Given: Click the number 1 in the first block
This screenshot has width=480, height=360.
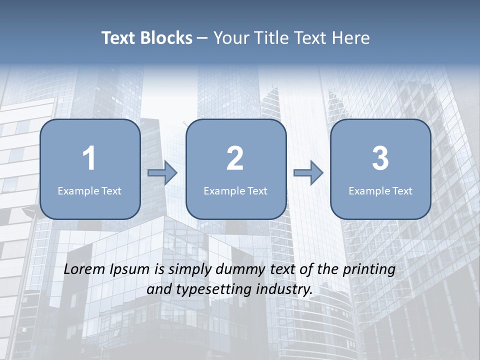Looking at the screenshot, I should click(89, 159).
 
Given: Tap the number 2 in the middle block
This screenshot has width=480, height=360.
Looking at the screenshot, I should click(235, 159).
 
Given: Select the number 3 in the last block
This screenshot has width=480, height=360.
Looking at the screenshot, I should click(380, 159).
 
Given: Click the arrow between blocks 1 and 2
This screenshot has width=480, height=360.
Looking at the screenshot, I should click(162, 173).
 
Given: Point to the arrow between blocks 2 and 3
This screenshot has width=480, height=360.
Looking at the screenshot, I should click(308, 173).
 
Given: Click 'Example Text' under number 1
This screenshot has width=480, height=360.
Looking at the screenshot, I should click(89, 191).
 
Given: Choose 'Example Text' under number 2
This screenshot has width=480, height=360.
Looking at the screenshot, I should click(235, 191).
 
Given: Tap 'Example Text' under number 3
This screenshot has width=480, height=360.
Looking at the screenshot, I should click(380, 191).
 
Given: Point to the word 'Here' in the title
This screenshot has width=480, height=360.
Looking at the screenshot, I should click(351, 38).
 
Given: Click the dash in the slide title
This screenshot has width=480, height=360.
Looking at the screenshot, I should click(202, 38).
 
